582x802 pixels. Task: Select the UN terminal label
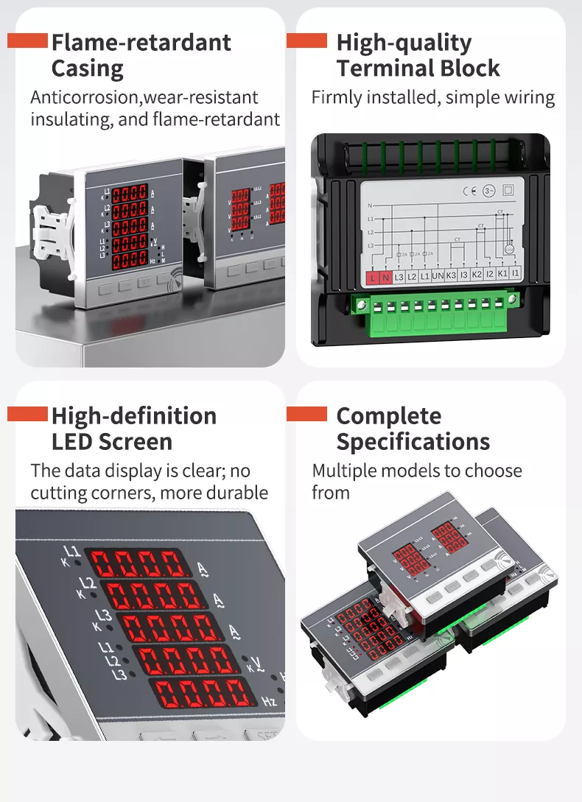pyautogui.click(x=437, y=275)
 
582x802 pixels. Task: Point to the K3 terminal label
pyautogui.click(x=452, y=275)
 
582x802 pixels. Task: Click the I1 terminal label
pyautogui.click(x=515, y=273)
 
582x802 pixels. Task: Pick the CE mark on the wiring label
pyautogui.click(x=469, y=191)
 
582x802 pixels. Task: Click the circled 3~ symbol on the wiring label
pyautogui.click(x=488, y=191)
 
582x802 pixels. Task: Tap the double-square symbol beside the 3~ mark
pyautogui.click(x=508, y=189)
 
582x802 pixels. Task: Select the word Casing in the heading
pyautogui.click(x=87, y=69)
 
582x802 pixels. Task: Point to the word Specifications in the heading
pyautogui.click(x=413, y=442)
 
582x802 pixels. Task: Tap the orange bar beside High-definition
pyautogui.click(x=27, y=415)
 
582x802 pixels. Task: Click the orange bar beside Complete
pyautogui.click(x=306, y=414)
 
